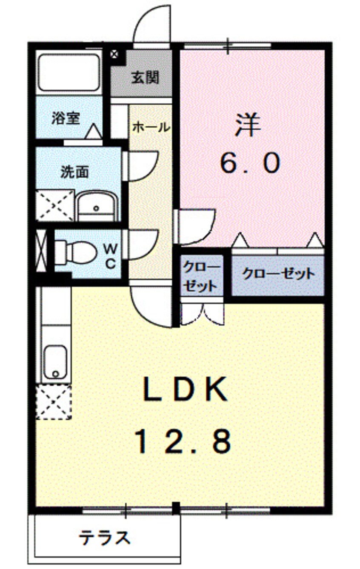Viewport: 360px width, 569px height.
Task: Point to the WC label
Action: pos(110,255)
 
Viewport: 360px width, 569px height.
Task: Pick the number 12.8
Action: pos(184,441)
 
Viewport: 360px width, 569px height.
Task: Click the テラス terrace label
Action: pos(104,539)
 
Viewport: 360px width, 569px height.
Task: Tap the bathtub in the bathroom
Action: pos(69,72)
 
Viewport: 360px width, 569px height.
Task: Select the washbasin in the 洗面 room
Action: pos(97,206)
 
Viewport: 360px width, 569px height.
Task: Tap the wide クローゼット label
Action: pos(278,274)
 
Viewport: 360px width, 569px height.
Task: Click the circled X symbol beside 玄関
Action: pos(114,54)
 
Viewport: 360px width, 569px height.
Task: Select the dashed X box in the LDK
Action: pos(53,401)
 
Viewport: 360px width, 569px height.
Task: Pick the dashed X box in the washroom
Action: pos(55,206)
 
